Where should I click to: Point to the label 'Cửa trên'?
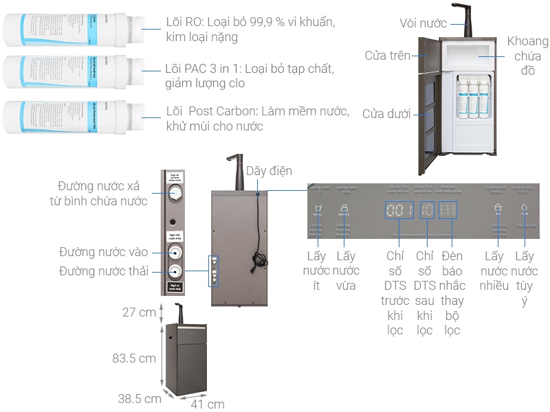388,55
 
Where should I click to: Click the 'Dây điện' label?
269,170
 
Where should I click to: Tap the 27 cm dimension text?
138,312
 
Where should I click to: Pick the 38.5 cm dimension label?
138,398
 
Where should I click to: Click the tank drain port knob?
175,194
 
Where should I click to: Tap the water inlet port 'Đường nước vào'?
175,252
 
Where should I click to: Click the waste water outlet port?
175,271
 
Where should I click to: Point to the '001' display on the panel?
399,210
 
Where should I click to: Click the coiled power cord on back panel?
259,260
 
